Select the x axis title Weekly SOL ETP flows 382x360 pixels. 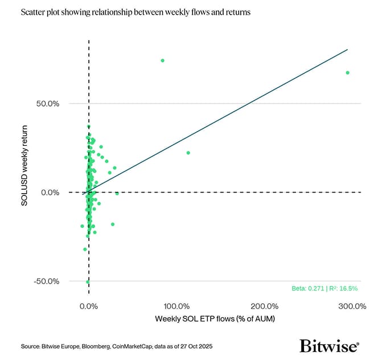click(215, 318)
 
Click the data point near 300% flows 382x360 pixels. click(347, 73)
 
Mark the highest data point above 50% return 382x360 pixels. click(162, 60)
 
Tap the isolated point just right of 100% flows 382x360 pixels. click(188, 153)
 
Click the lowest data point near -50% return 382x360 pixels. click(88, 282)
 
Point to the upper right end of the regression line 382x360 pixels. click(347, 50)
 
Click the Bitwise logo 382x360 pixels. click(329, 345)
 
